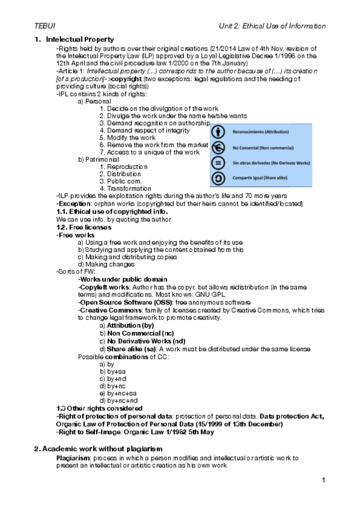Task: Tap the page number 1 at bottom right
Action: pyautogui.click(x=323, y=480)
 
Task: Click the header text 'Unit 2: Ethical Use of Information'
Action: pyautogui.click(x=272, y=26)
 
